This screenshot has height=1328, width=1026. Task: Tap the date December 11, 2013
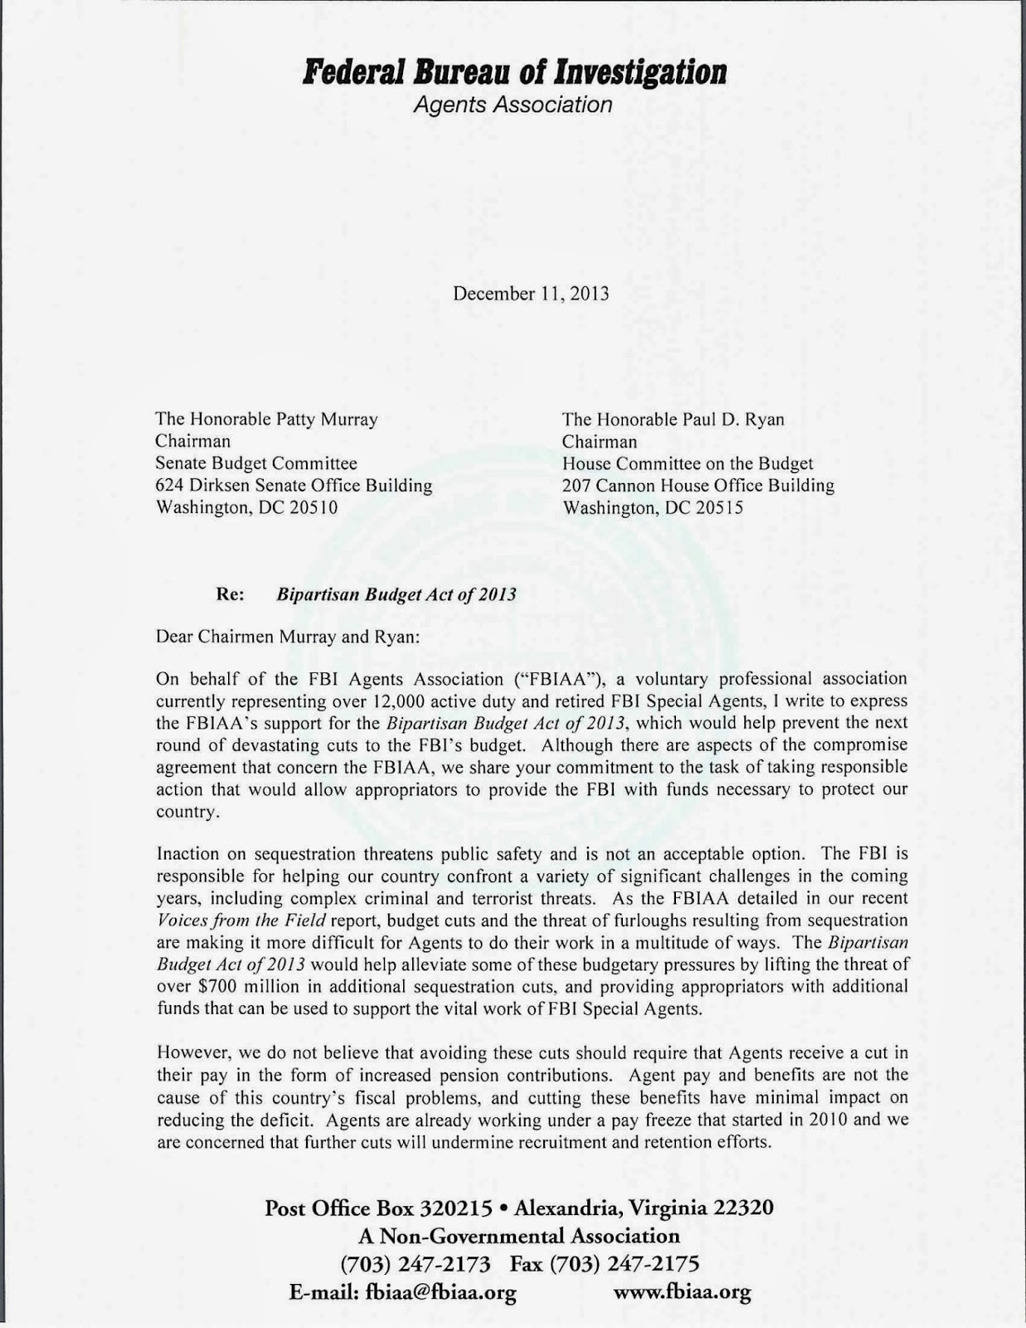coord(531,294)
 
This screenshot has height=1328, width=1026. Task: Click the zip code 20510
coord(314,507)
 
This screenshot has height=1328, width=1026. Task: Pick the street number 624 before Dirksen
coord(171,486)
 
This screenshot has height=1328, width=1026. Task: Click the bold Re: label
coord(229,594)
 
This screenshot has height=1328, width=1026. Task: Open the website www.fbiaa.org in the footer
coord(682,1292)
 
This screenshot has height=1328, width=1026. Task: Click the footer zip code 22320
coord(742,1208)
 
